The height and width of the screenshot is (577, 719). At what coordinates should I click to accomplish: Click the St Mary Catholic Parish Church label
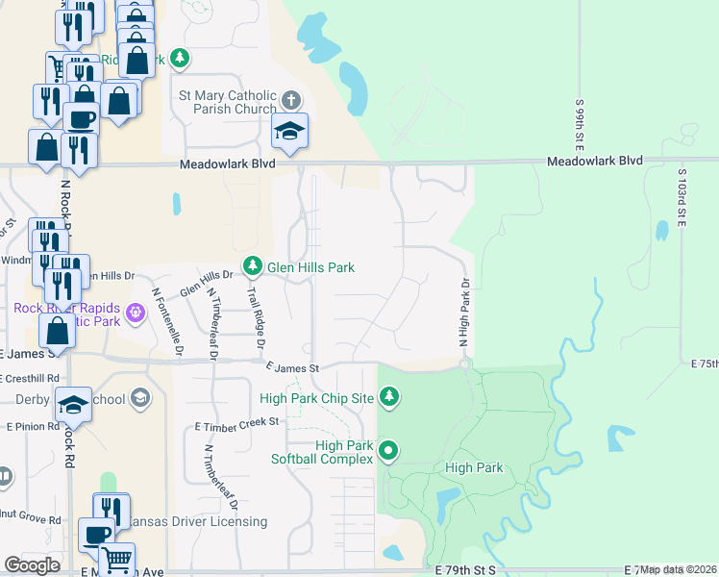(x=228, y=102)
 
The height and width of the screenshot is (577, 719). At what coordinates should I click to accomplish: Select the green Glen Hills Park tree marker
(x=253, y=264)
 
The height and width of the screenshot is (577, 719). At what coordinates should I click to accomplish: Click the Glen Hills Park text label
(x=310, y=267)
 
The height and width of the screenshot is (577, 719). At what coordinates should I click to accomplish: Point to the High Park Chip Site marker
(x=388, y=395)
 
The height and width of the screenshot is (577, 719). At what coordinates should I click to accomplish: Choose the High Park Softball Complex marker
(x=388, y=449)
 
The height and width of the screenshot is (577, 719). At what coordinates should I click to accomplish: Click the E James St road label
(x=291, y=367)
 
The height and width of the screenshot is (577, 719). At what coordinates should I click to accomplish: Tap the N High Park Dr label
(x=462, y=313)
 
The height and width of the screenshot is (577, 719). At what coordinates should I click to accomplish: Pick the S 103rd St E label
(x=682, y=195)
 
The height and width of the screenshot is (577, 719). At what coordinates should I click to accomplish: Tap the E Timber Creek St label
(x=236, y=422)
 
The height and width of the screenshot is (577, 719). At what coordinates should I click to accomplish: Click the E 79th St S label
(x=464, y=570)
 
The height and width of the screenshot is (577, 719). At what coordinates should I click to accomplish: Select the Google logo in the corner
(x=32, y=565)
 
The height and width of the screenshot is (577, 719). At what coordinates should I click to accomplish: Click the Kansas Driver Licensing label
(x=199, y=521)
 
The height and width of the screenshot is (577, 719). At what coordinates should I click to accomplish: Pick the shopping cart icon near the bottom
(x=116, y=558)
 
